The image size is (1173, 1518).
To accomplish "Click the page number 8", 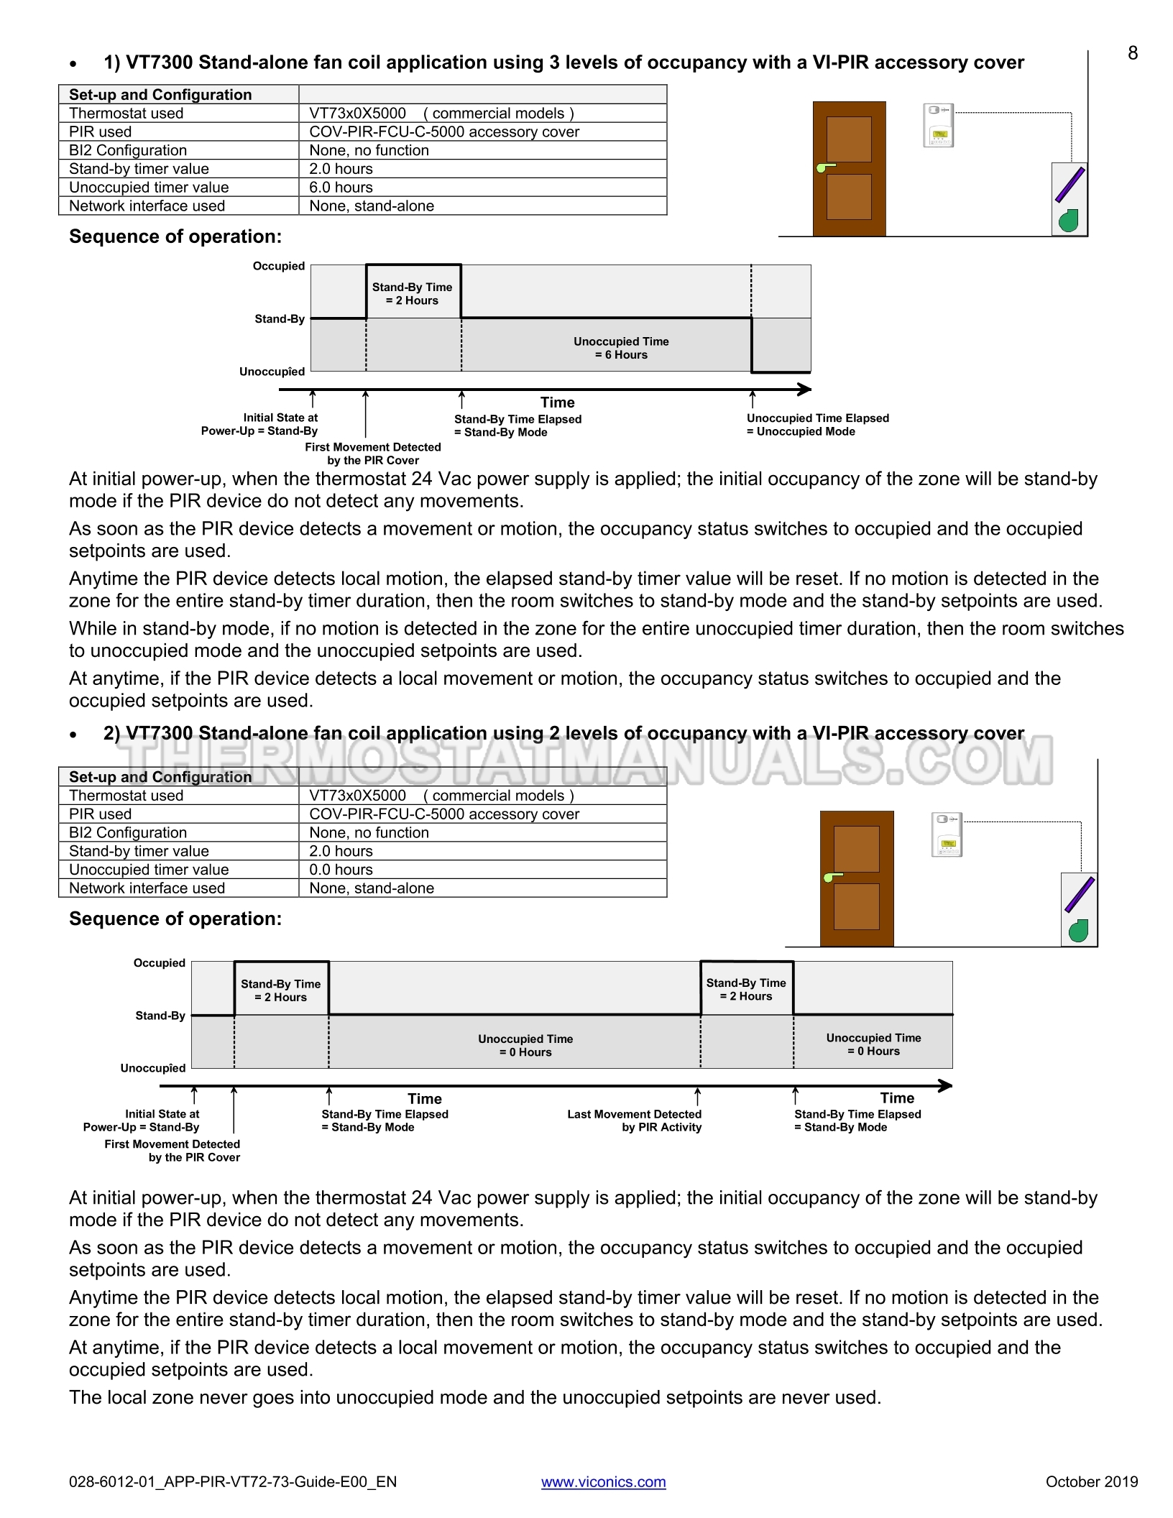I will [x=1133, y=53].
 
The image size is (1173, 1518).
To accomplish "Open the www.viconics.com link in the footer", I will [x=603, y=1481].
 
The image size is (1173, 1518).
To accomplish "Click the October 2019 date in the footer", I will [x=1091, y=1481].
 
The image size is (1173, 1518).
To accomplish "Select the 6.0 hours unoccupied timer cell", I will [x=341, y=188].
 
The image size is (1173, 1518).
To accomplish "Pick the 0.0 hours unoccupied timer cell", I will [x=341, y=870].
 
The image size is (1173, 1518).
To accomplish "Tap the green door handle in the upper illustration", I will [x=824, y=168].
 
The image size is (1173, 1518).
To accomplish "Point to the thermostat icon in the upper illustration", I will [x=938, y=125].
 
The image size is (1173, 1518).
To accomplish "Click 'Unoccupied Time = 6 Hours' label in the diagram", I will [x=621, y=348].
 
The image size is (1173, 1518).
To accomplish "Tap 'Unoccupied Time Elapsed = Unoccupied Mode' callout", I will [x=817, y=425].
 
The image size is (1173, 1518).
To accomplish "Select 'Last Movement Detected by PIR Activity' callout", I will [x=635, y=1121].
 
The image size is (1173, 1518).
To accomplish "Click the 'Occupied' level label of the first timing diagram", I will [x=279, y=266].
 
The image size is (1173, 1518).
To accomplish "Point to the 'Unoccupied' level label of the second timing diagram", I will [x=153, y=1068].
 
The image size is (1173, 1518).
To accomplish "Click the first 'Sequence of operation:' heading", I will [x=175, y=236].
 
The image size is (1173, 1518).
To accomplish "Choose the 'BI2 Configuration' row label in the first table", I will [x=128, y=150].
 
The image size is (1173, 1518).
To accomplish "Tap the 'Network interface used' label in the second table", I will [x=147, y=888].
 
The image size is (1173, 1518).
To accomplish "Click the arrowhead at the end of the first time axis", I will [x=806, y=390].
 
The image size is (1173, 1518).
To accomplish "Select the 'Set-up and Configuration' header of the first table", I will [x=160, y=95].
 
